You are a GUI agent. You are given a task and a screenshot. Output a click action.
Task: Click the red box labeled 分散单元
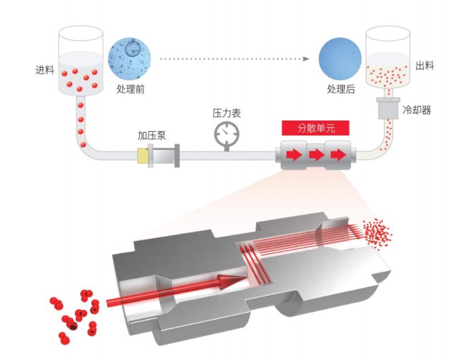point(315,128)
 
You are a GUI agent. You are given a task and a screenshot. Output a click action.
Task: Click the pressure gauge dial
point(225,134)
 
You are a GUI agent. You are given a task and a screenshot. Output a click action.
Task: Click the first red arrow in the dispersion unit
point(293,155)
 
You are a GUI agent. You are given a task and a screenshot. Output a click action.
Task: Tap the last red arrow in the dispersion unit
point(338,155)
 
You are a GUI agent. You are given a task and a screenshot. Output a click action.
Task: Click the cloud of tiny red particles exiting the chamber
point(379,232)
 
